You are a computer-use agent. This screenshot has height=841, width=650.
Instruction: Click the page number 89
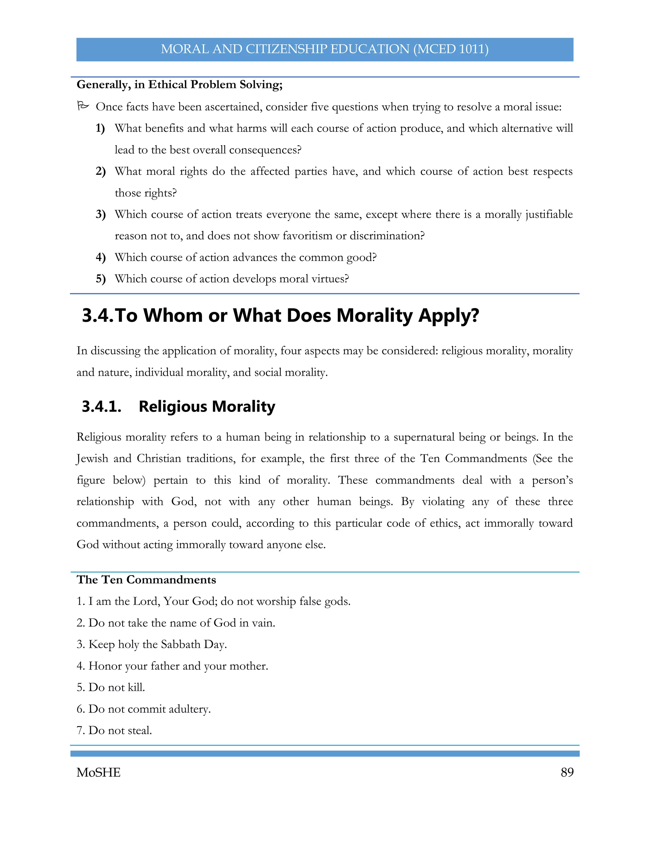pyautogui.click(x=567, y=772)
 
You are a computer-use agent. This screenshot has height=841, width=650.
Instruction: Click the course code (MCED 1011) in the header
pyautogui.click(x=451, y=49)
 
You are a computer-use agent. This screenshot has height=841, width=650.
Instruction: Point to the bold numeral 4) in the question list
pyautogui.click(x=101, y=257)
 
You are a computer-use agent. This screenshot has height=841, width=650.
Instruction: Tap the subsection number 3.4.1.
pyautogui.click(x=101, y=407)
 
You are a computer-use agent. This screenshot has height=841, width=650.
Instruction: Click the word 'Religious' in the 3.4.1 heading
pyautogui.click(x=173, y=407)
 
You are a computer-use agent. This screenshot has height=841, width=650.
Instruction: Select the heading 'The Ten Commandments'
pyautogui.click(x=146, y=579)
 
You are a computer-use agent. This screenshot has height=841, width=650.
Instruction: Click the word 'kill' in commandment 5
pyautogui.click(x=136, y=687)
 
